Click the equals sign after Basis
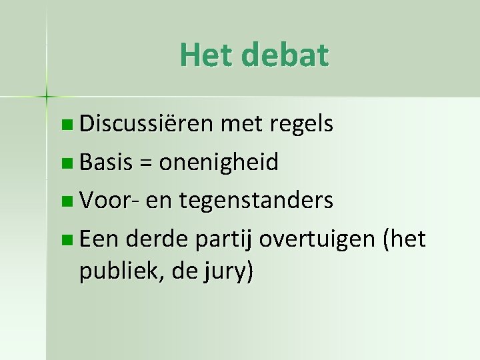tap(143, 163)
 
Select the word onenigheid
tap(219, 162)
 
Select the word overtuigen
tap(318, 239)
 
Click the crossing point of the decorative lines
tap(46, 97)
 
